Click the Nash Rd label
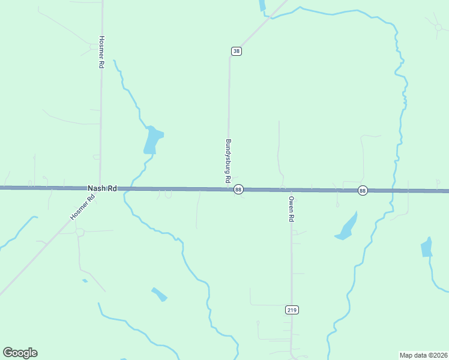point(101,188)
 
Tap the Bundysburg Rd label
point(228,161)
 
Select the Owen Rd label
point(291,209)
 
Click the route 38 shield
point(237,51)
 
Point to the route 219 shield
point(292,310)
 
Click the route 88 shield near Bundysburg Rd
point(238,190)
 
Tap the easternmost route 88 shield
point(363,190)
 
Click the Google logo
point(20,353)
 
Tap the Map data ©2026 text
point(423,355)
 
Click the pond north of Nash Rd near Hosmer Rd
point(152,140)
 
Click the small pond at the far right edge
point(427,247)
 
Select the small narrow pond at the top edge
point(262,5)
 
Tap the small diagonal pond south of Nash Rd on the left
point(159,294)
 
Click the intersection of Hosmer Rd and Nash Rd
point(100,188)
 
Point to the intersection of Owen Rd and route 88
point(291,190)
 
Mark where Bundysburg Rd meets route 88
point(228,190)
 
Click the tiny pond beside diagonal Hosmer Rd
point(85,281)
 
